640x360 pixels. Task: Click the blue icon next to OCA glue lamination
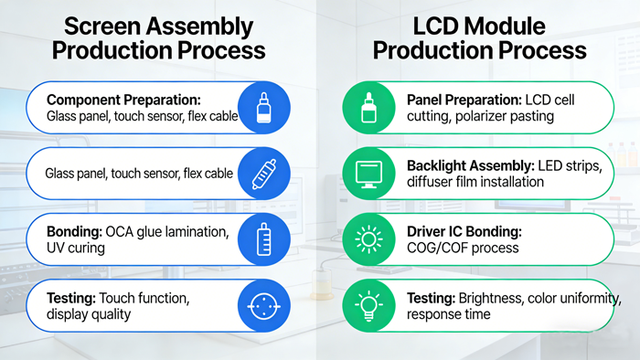coord(263,239)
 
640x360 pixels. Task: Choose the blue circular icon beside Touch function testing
coord(263,305)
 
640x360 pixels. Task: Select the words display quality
coord(91,313)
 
